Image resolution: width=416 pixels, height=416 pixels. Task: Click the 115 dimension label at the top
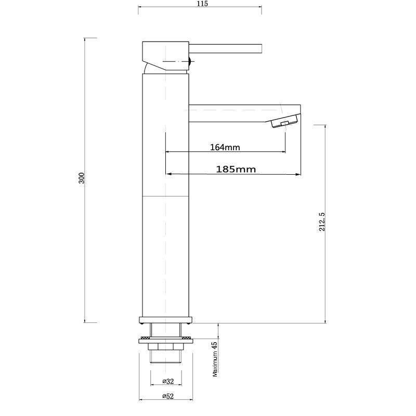coord(202,4)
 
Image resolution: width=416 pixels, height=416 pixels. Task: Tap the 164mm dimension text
coord(225,147)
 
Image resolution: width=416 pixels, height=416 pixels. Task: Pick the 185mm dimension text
coord(235,169)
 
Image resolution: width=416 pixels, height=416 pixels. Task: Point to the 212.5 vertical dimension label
coord(322,222)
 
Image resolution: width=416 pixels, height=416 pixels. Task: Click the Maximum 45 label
coord(214,359)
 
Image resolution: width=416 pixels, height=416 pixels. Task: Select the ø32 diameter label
coord(167,381)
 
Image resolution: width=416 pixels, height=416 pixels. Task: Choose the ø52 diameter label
coord(167,397)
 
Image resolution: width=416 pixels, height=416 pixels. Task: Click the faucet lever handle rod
coord(229,48)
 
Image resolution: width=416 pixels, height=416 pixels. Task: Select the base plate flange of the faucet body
coord(165,319)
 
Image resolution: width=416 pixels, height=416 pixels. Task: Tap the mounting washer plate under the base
coord(165,340)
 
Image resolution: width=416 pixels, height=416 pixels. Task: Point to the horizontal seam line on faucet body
coord(165,197)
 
